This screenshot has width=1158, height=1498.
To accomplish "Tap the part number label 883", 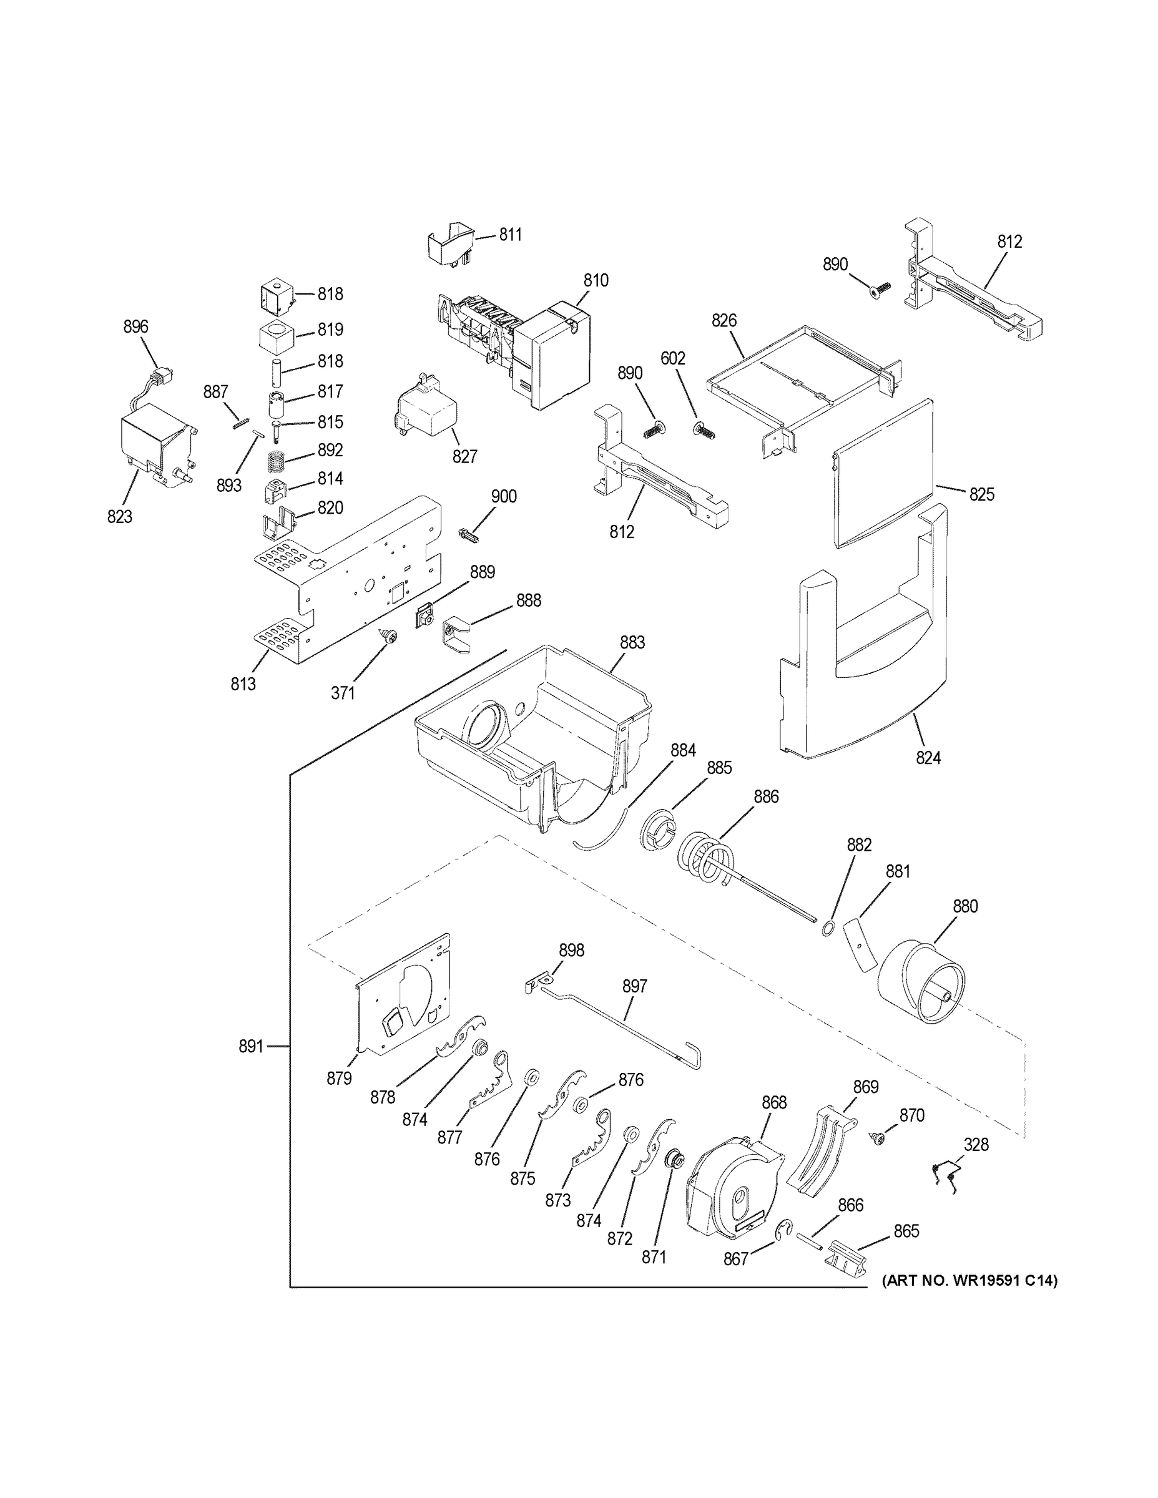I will point(632,643).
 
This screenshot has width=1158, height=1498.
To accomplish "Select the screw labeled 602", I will point(705,431).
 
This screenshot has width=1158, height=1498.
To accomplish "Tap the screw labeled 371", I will point(390,637).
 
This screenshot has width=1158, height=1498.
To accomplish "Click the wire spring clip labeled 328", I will point(947,1175).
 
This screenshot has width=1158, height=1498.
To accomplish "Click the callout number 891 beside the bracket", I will point(251,1066).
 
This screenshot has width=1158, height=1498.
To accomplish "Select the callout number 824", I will point(928,758).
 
